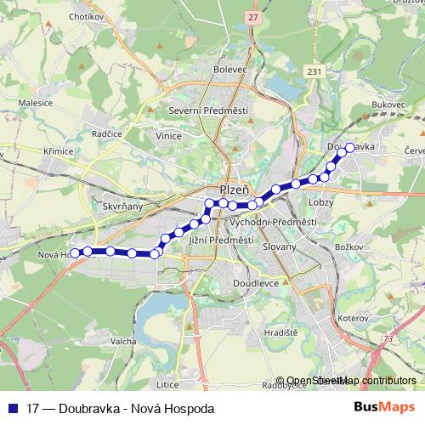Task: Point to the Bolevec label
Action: (x=229, y=70)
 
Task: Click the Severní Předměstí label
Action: (x=217, y=110)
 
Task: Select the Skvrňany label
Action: (x=122, y=205)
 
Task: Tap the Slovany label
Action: (x=279, y=246)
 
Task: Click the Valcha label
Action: (x=122, y=341)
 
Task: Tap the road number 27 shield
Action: (x=253, y=16)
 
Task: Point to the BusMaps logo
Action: (x=384, y=408)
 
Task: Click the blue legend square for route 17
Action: (x=14, y=409)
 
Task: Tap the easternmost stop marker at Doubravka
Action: (x=349, y=147)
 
